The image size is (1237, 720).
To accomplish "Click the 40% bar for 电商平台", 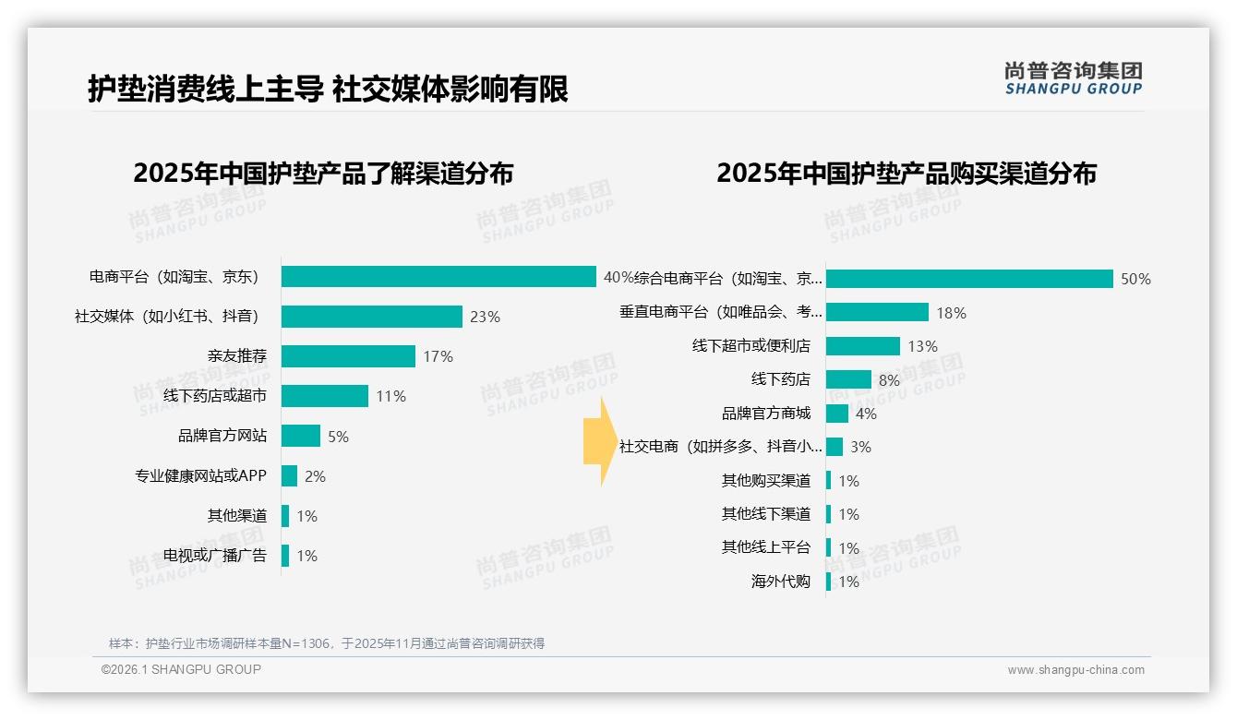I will tap(438, 277).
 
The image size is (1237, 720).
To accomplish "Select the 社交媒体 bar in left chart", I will tap(371, 317).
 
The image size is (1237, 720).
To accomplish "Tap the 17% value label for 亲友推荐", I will tap(438, 356).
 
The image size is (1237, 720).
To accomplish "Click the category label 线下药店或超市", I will tap(215, 396).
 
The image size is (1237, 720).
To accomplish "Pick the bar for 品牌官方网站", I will tap(301, 436).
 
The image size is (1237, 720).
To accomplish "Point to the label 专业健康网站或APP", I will tap(200, 476).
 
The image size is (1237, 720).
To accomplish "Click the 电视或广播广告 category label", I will tap(215, 556).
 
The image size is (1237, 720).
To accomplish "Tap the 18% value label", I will tap(951, 313).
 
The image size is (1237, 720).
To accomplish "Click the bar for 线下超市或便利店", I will tap(862, 346).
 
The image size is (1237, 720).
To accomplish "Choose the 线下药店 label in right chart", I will tap(781, 379).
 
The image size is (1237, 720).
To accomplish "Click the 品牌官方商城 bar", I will tap(837, 414).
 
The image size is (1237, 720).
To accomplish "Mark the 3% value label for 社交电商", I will tap(860, 447).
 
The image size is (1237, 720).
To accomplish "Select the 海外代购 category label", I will tap(781, 582).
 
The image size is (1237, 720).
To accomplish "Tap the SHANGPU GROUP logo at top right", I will tap(1073, 78).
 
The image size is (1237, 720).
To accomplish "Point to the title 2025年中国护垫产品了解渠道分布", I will tap(323, 174).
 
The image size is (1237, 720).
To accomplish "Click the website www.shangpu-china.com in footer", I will tap(1075, 670).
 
